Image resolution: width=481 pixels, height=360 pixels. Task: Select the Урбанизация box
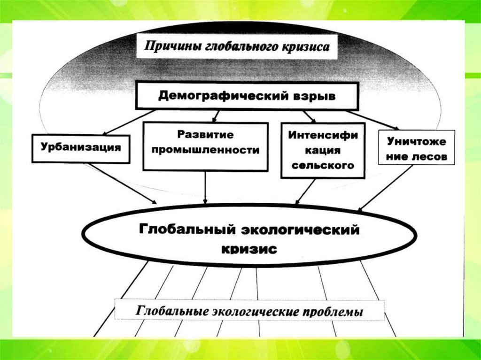pos(81,148)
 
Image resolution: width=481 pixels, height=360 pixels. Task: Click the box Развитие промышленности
pos(205,146)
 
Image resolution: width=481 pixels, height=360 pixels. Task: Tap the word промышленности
pos(205,151)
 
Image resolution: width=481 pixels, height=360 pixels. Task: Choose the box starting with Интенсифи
pos(322,150)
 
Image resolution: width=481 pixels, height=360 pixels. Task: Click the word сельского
pos(322,166)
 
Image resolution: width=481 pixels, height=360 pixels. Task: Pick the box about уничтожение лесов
pos(416,147)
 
